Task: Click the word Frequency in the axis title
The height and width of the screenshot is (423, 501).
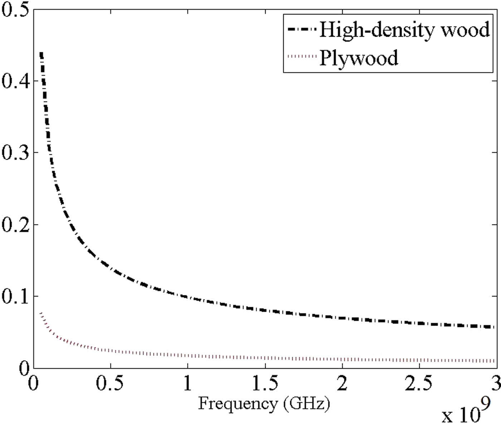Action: point(238,404)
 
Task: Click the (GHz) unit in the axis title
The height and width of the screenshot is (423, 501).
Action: point(306,404)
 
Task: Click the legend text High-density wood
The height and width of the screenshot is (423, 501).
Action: point(404,29)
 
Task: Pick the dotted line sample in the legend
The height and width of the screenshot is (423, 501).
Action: point(302,56)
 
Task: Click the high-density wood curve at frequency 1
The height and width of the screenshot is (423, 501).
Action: point(188,297)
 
